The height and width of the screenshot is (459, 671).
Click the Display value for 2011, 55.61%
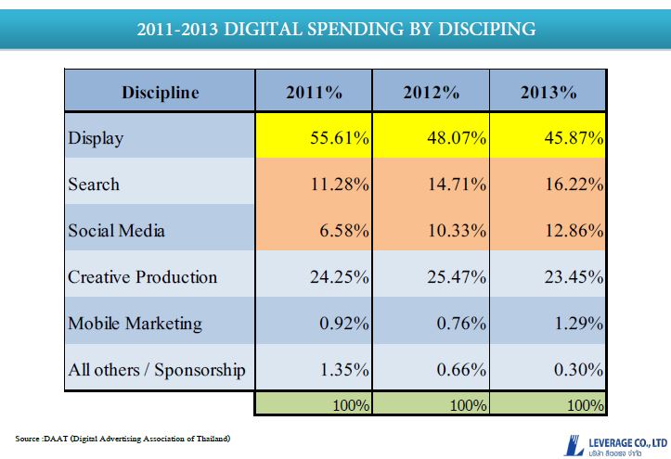(x=340, y=138)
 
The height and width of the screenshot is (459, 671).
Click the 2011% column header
(x=313, y=92)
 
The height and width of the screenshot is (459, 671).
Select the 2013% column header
(x=548, y=92)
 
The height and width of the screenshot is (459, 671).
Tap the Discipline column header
(x=160, y=92)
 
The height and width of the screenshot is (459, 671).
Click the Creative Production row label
(x=142, y=276)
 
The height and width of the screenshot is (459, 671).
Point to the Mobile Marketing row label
(x=135, y=324)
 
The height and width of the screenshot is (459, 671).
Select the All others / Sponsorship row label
(x=157, y=370)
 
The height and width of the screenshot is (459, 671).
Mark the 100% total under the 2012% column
(x=470, y=405)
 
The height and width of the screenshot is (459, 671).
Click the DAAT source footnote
(x=123, y=438)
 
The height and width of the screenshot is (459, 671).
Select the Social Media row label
(x=117, y=230)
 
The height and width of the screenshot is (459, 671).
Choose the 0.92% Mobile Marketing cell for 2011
(x=345, y=324)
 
